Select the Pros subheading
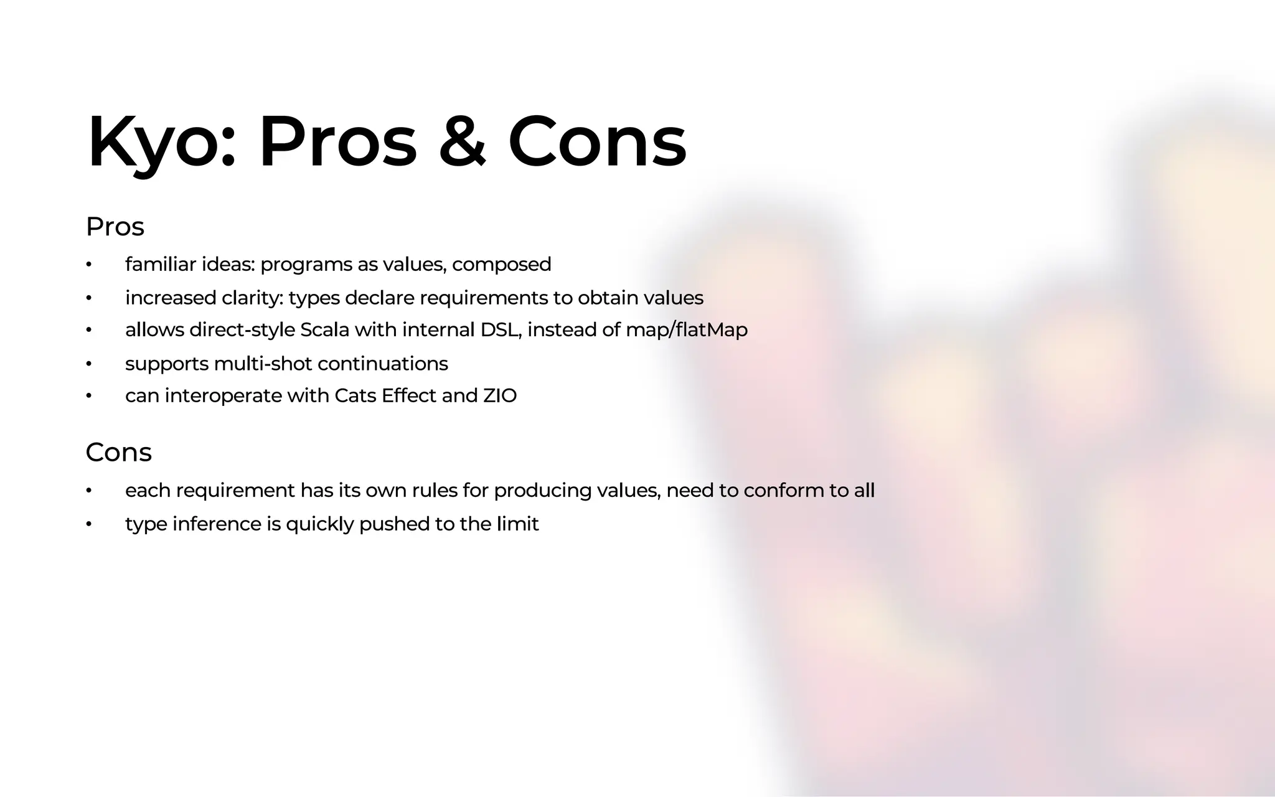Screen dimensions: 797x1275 [x=115, y=227]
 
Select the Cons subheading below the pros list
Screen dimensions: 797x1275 [x=118, y=452]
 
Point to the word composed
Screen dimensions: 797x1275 [x=501, y=265]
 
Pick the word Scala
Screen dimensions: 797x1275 [x=324, y=330]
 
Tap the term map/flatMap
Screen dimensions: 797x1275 [x=686, y=330]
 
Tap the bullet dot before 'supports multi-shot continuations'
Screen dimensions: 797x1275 [x=89, y=364]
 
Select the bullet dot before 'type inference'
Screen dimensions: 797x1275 [x=89, y=524]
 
